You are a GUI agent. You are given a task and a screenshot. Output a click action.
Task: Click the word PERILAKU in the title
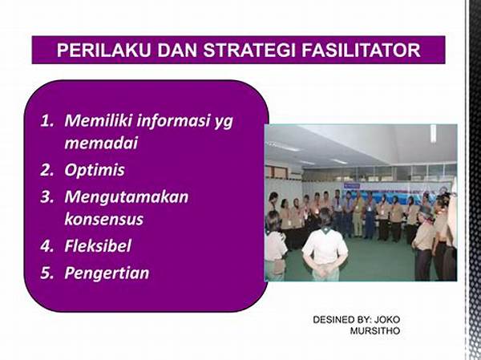coord(103,51)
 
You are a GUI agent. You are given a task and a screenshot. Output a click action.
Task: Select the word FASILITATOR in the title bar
coord(361,51)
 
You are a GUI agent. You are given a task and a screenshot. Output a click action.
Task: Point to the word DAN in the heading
coord(176,51)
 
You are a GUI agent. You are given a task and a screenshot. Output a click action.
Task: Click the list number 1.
coord(46,120)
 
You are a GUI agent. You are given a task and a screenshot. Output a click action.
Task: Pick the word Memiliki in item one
coord(98,120)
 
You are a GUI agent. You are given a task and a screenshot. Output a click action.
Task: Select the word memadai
coord(101,143)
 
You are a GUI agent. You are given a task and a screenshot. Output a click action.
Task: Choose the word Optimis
coord(95,171)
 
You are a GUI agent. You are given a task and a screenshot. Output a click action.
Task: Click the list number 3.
coord(46,197)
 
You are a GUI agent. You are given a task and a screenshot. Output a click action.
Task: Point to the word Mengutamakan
coord(127,198)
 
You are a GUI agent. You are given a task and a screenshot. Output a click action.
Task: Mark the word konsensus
coord(104,220)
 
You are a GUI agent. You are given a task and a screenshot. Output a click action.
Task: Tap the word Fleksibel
coord(98,246)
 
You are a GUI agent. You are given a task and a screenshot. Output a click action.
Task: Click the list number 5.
coord(46,273)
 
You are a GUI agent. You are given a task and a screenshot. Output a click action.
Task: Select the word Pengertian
coord(107,273)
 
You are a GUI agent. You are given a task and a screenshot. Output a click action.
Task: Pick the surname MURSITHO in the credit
coord(375,331)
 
